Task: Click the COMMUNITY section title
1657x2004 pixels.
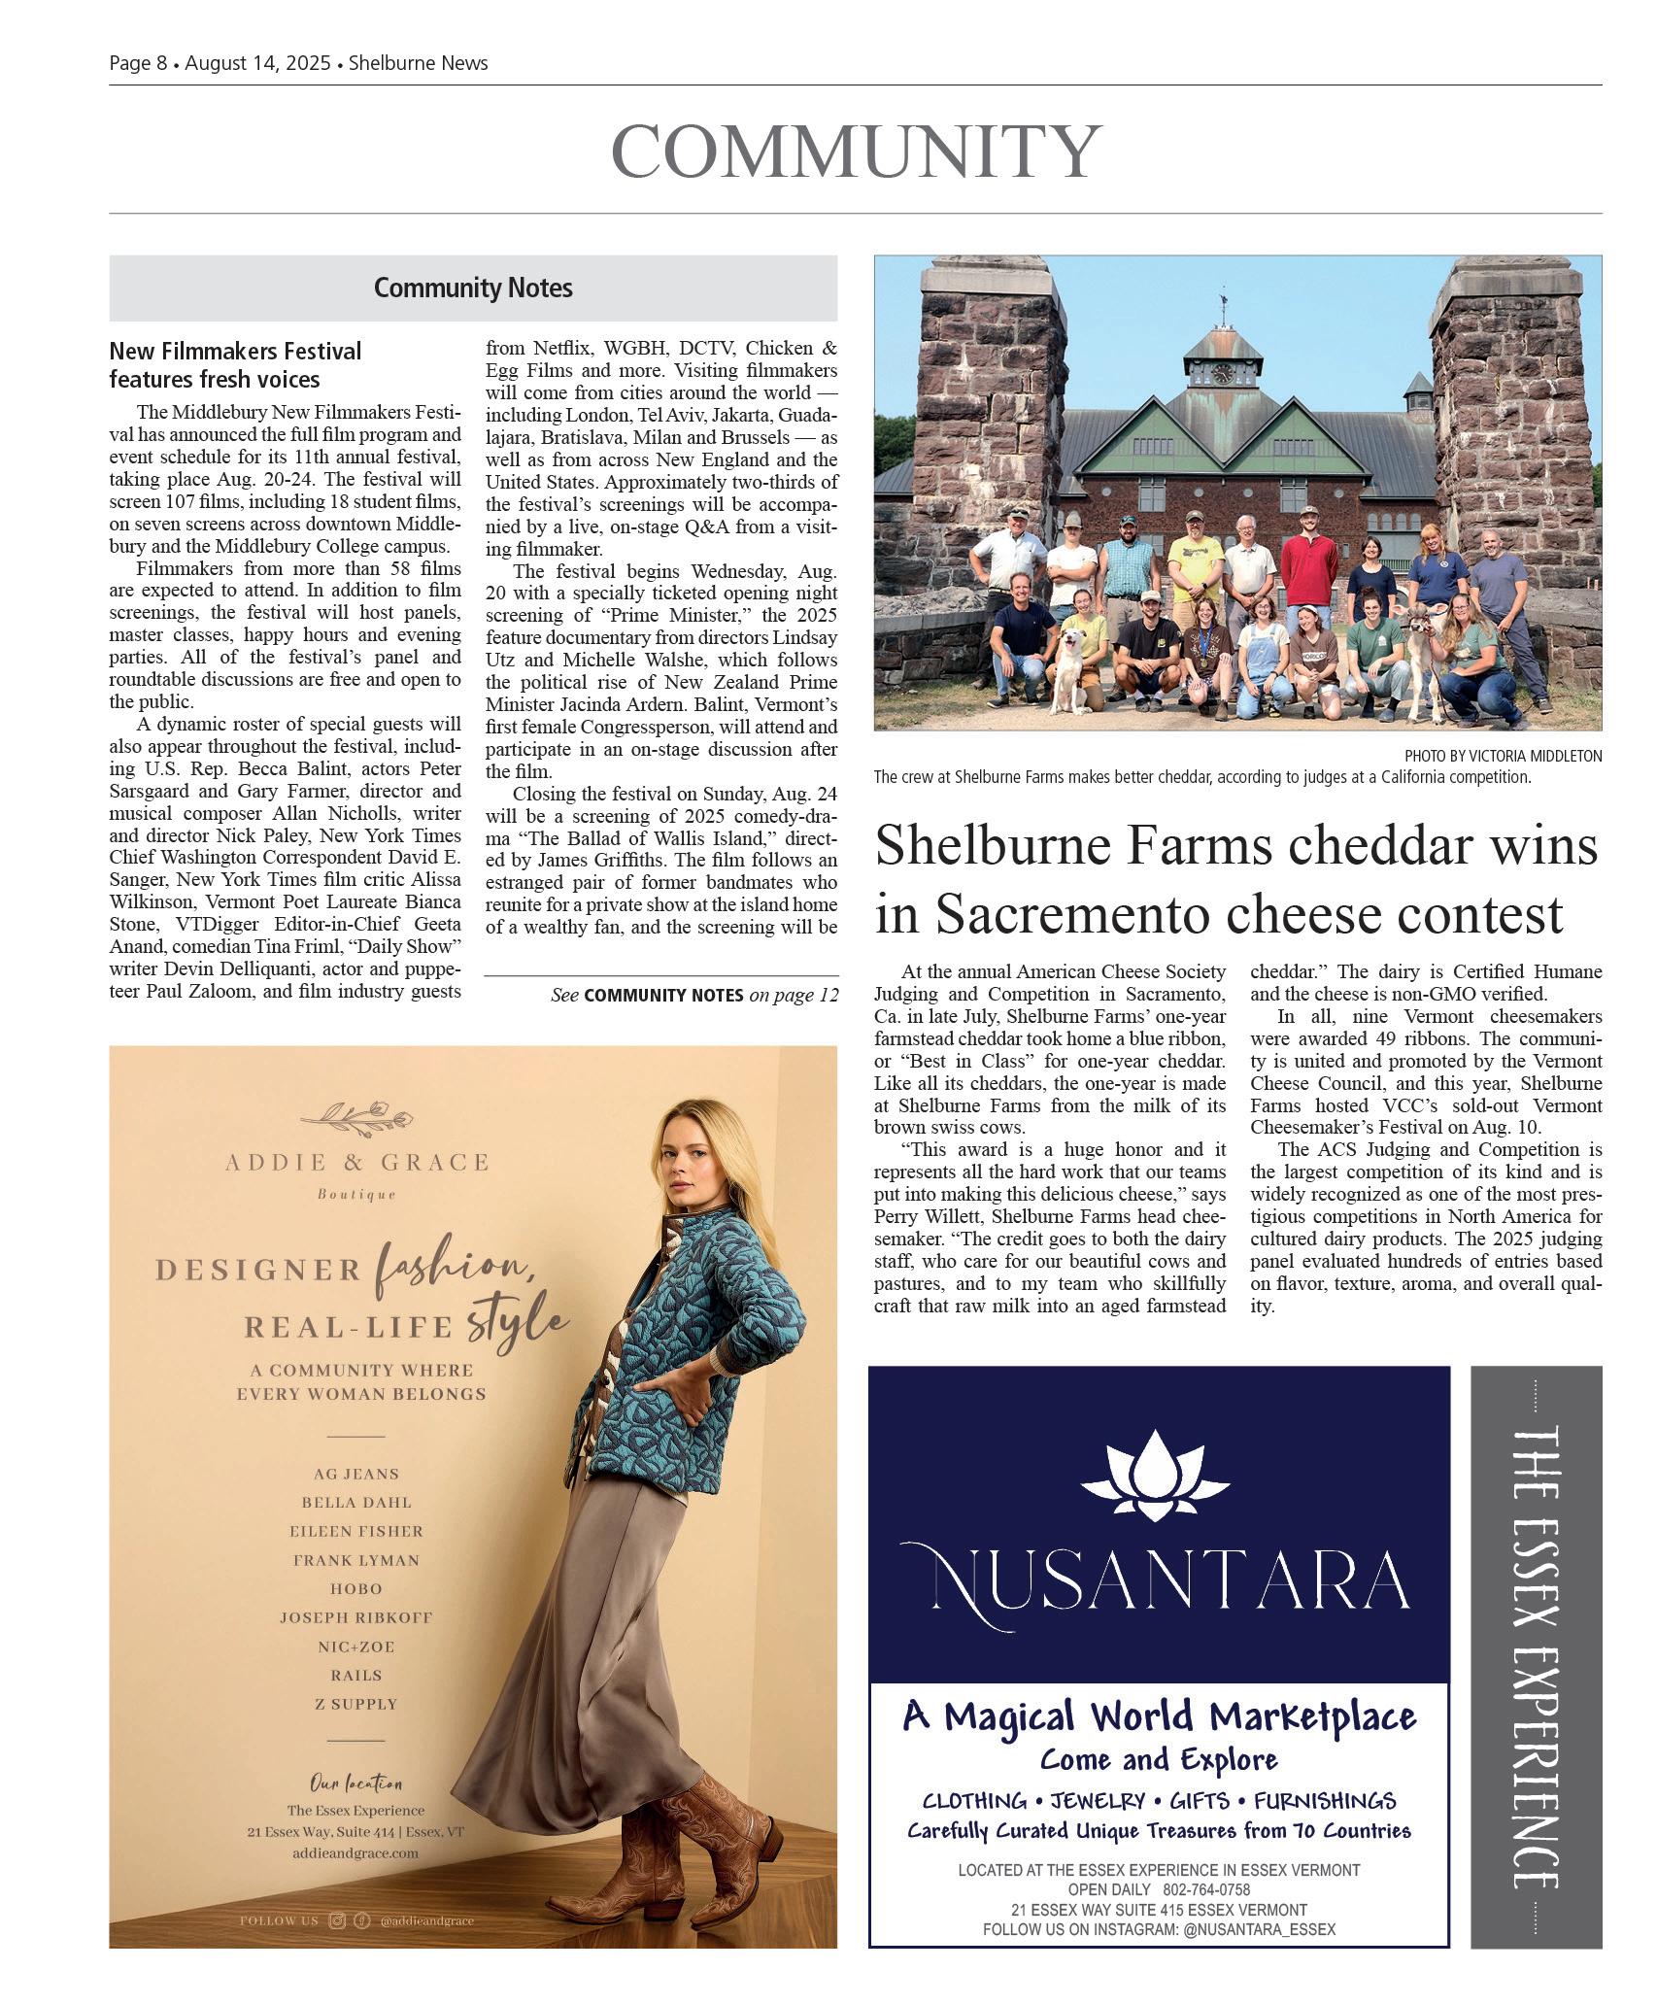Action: coord(856,153)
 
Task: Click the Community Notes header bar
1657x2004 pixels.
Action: coord(473,289)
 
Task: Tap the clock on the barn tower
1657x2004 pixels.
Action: coord(1223,372)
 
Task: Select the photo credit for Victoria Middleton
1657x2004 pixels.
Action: coord(1503,756)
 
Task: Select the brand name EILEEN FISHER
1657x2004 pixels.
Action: coord(356,1531)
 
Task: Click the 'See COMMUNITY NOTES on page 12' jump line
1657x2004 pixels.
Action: coord(693,996)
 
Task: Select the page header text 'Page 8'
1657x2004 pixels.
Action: coord(138,63)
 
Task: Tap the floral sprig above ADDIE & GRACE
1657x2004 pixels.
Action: coord(356,1118)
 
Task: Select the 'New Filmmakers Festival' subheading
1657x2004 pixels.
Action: coord(235,351)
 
